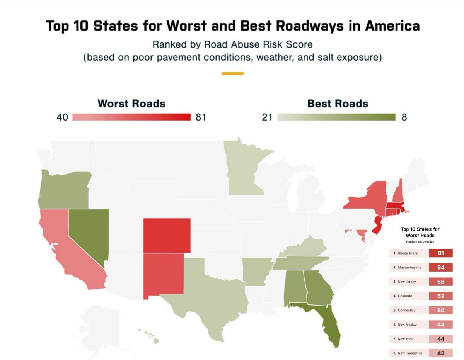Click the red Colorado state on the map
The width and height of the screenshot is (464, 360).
(x=167, y=236)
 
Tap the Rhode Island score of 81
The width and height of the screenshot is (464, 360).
(x=441, y=253)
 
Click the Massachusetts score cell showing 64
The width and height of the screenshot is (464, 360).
(x=441, y=267)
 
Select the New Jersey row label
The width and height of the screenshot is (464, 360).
(x=407, y=282)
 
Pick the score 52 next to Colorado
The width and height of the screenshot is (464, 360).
(x=441, y=296)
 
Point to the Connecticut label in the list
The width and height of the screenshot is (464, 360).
(x=407, y=310)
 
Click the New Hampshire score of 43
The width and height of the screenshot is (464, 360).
(x=441, y=353)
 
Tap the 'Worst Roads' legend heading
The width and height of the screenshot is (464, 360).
(x=131, y=104)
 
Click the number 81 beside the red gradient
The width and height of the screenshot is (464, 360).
(x=201, y=117)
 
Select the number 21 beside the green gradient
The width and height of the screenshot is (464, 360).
(x=267, y=117)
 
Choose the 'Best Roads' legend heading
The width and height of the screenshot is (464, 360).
(x=338, y=104)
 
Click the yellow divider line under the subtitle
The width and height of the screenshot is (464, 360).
(x=232, y=73)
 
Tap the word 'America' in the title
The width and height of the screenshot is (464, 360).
(x=392, y=26)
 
